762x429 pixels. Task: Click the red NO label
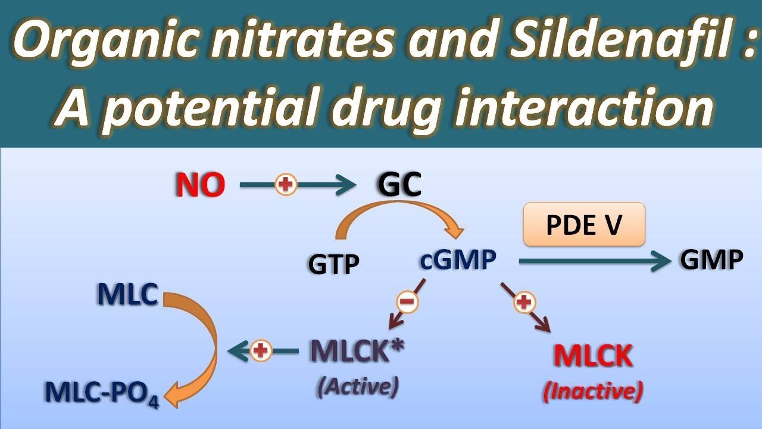pyautogui.click(x=200, y=185)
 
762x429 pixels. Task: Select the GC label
pyautogui.click(x=399, y=184)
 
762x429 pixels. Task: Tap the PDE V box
pyautogui.click(x=584, y=225)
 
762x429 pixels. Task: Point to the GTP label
pyautogui.click(x=333, y=264)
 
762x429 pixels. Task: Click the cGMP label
pyautogui.click(x=458, y=260)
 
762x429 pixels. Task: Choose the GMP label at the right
pyautogui.click(x=711, y=260)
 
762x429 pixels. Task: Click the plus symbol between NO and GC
pyautogui.click(x=286, y=185)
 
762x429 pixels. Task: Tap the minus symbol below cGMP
pyautogui.click(x=407, y=302)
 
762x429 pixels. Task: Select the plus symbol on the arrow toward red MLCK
pyautogui.click(x=524, y=302)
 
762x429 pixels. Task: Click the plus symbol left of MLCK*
pyautogui.click(x=261, y=350)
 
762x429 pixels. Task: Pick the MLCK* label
pyautogui.click(x=357, y=350)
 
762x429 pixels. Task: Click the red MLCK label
pyautogui.click(x=594, y=356)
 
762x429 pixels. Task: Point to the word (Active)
pyautogui.click(x=358, y=387)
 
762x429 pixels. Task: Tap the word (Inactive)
pyautogui.click(x=593, y=391)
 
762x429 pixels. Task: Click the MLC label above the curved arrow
pyautogui.click(x=127, y=294)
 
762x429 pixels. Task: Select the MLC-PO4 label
pyautogui.click(x=102, y=393)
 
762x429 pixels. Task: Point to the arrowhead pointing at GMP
pyautogui.click(x=661, y=261)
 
